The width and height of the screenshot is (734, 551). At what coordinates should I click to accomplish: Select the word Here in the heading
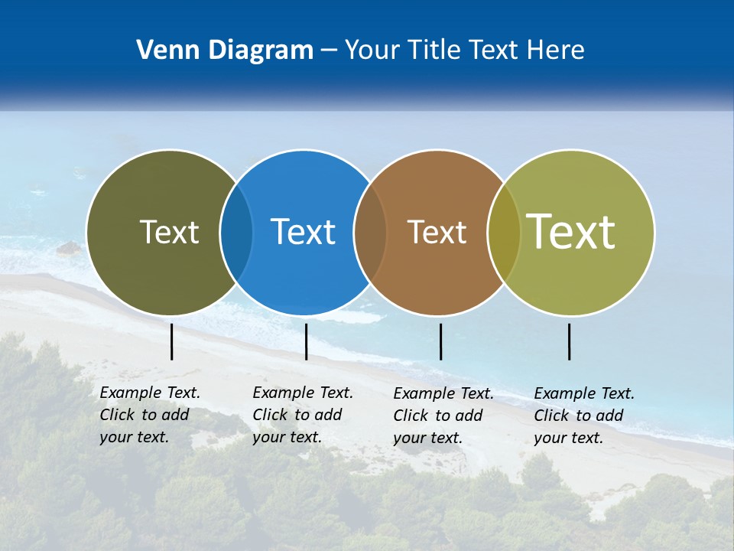click(x=556, y=51)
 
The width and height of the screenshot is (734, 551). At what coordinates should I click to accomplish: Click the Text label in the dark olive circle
click(x=169, y=232)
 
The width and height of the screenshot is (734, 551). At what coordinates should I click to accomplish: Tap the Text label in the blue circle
click(x=303, y=232)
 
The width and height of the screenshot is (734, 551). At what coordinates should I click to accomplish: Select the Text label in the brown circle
click(x=437, y=232)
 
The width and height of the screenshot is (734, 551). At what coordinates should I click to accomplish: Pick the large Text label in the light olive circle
click(x=571, y=232)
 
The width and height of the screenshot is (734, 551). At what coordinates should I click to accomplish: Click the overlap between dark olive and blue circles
click(x=236, y=233)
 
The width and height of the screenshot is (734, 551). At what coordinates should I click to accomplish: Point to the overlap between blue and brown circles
click(x=370, y=233)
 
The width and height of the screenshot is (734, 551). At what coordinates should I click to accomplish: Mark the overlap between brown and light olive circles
click(x=504, y=233)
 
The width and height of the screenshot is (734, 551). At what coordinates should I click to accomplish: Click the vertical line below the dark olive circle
click(x=172, y=341)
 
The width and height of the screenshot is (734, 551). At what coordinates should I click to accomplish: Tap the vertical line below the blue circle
click(x=306, y=341)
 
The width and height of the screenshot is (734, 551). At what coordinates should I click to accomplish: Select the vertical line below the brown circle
click(x=440, y=341)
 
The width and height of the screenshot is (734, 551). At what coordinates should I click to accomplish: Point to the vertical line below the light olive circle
click(x=569, y=341)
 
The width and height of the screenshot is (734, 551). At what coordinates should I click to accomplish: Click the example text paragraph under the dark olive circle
click(x=149, y=415)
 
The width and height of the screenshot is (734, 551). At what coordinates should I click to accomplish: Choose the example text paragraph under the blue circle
click(x=302, y=415)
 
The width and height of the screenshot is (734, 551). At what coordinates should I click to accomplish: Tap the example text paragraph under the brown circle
click(x=443, y=416)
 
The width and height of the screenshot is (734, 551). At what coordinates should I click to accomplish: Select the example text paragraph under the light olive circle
click(x=583, y=416)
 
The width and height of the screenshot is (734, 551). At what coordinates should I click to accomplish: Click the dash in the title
click(x=329, y=51)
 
